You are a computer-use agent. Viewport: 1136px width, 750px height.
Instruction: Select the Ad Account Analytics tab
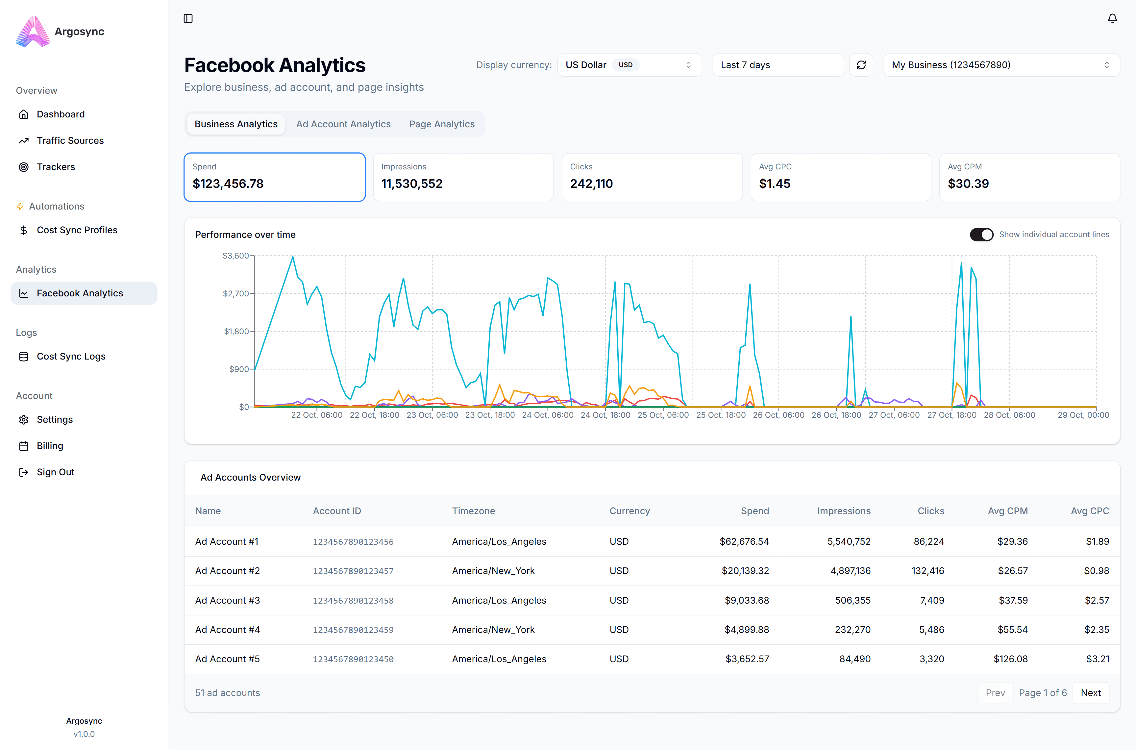click(343, 124)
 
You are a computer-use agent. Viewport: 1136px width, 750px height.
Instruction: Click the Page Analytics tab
click(441, 124)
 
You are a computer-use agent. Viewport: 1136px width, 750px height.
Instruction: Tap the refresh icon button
click(861, 65)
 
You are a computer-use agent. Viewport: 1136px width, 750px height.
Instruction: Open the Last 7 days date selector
click(778, 65)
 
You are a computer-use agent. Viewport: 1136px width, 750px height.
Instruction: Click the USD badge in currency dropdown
click(625, 65)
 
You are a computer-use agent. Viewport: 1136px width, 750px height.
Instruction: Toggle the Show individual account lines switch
click(981, 234)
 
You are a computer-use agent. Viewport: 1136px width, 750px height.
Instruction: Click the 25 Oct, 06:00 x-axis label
click(663, 415)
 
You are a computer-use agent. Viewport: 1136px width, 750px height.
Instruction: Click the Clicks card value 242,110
click(591, 184)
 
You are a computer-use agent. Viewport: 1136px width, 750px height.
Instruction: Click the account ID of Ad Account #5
click(353, 659)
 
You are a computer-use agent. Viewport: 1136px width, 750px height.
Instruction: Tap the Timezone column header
click(473, 511)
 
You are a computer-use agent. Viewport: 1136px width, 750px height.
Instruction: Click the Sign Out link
click(56, 472)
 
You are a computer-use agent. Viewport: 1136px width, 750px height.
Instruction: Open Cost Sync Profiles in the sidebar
click(77, 230)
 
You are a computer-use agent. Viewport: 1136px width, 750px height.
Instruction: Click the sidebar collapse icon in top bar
click(188, 19)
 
